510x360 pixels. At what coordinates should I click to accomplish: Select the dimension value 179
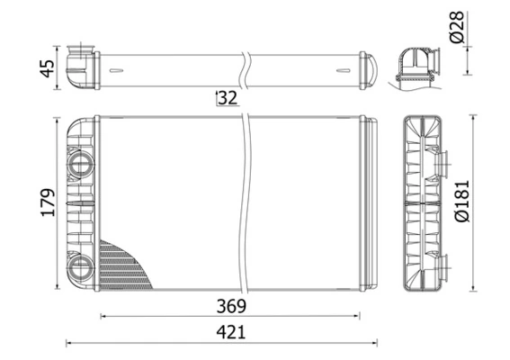[x=49, y=202]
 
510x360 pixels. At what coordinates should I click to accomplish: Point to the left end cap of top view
[x=81, y=67]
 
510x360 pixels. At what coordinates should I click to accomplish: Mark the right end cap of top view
[x=367, y=68]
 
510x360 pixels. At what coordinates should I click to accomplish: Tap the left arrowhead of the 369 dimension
[x=102, y=316]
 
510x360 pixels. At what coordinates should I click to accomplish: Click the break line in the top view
[x=243, y=68]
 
